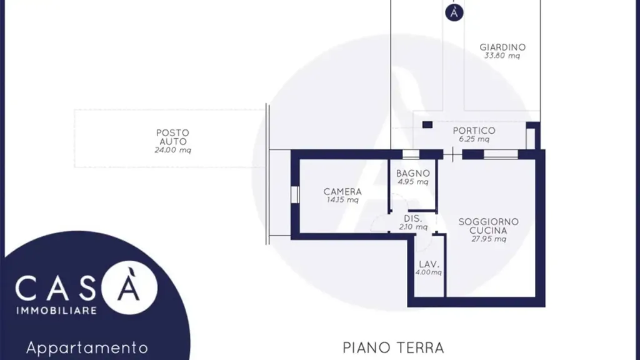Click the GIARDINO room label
(x=502, y=47)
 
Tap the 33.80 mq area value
(x=502, y=56)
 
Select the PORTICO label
(x=474, y=131)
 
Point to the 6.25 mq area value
(x=474, y=139)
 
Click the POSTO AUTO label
(x=172, y=137)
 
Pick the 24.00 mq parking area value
(x=172, y=150)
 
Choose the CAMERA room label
(x=342, y=191)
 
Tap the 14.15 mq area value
(x=342, y=200)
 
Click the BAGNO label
(x=413, y=174)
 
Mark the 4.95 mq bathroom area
(x=413, y=182)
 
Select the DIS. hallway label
(x=413, y=218)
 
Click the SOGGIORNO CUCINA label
(x=489, y=226)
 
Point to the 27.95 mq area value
(x=489, y=239)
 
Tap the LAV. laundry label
(x=429, y=264)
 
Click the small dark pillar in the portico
(x=427, y=125)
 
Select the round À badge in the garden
(x=454, y=12)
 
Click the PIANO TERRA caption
(x=393, y=348)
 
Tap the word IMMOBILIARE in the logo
(x=57, y=311)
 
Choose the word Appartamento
(x=87, y=348)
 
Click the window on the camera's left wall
(x=295, y=194)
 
